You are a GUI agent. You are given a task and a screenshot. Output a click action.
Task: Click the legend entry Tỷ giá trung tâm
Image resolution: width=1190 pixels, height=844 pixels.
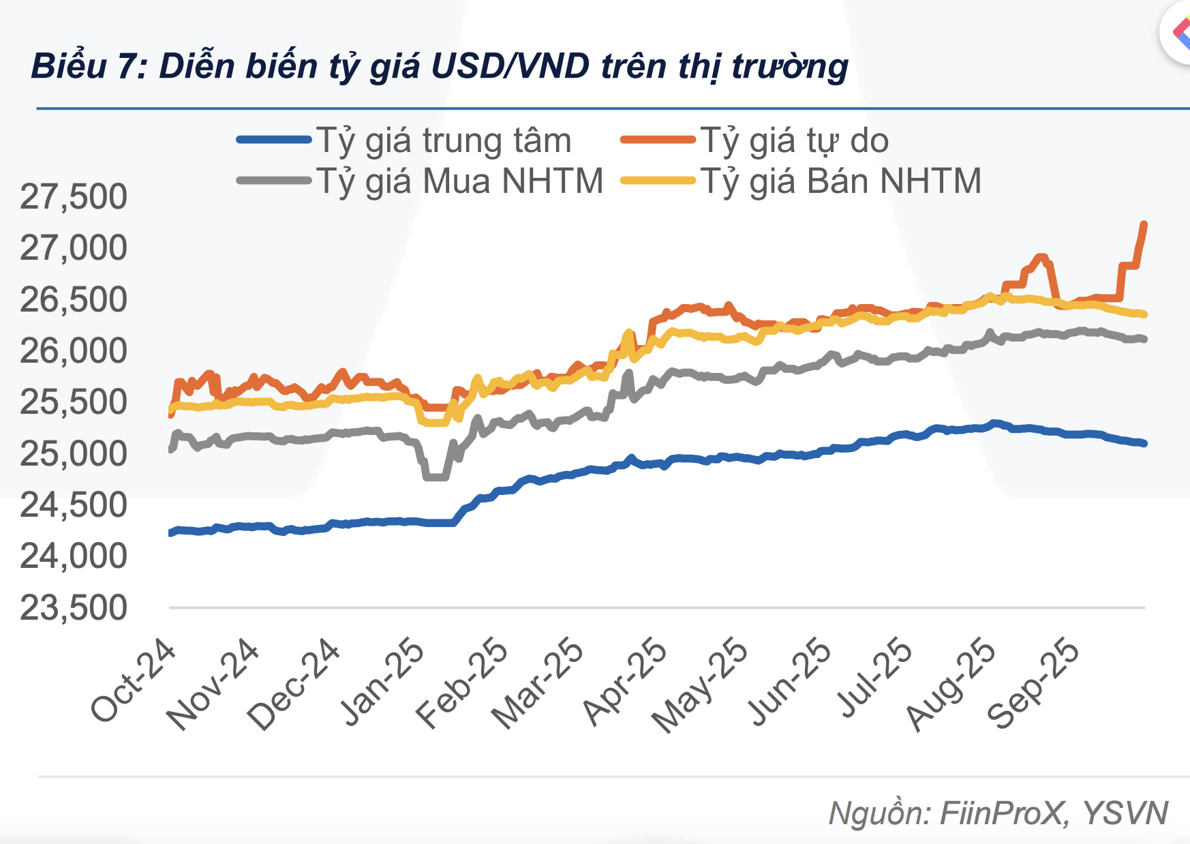443,141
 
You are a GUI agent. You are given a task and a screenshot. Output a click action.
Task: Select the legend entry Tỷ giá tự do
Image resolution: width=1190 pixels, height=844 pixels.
794,141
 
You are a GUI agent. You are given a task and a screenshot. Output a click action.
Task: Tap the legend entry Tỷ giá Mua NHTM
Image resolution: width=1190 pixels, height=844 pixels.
460,181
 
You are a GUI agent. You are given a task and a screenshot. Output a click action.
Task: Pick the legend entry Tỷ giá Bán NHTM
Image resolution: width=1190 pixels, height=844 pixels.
840,181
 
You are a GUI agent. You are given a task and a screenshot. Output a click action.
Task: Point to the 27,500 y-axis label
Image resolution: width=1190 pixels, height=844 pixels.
74,197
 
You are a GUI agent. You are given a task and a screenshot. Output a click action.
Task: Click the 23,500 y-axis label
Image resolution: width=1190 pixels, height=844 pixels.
74,607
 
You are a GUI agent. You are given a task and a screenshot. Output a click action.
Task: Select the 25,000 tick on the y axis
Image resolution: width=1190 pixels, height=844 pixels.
74,453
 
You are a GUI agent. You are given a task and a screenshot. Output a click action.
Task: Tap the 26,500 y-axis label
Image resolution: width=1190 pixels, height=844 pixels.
74,299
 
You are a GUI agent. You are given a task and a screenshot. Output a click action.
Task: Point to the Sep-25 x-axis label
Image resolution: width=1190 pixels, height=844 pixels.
1033,684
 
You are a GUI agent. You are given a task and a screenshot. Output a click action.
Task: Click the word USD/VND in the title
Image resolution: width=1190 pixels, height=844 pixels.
511,66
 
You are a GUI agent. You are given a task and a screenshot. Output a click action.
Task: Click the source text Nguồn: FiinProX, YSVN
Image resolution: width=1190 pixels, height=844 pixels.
998,813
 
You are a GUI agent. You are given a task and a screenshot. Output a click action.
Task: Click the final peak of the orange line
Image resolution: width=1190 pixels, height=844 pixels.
1144,224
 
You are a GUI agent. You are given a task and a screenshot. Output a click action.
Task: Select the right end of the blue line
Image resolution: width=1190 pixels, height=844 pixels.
1144,443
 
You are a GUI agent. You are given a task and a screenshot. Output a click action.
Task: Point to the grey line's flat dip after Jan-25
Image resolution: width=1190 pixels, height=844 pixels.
436,477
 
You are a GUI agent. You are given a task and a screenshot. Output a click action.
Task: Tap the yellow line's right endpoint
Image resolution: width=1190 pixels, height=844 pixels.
1144,314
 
